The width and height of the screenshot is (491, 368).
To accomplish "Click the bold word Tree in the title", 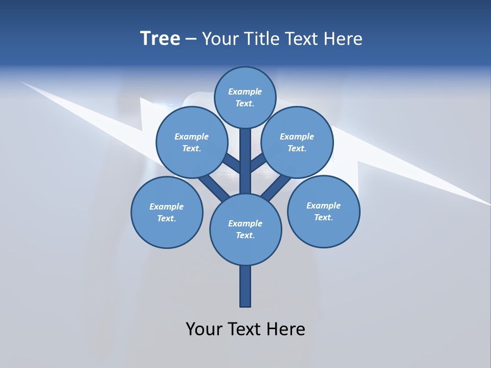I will point(160,38).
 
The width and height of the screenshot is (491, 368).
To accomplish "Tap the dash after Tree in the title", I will point(191,39).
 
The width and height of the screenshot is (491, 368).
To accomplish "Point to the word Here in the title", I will point(344,38).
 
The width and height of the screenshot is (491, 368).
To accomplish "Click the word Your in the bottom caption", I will point(204,329).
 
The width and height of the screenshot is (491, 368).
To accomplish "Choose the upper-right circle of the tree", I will point(297,128).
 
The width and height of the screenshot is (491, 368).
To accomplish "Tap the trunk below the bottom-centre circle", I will point(245,286).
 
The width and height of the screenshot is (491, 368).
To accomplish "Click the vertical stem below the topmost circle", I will point(245,158).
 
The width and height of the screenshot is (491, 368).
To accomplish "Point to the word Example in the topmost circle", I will point(245,92).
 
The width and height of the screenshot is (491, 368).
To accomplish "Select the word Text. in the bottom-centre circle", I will point(245,236).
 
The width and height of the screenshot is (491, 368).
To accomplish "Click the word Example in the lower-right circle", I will point(323,205).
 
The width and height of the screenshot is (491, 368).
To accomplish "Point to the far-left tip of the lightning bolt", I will point(21,82).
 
